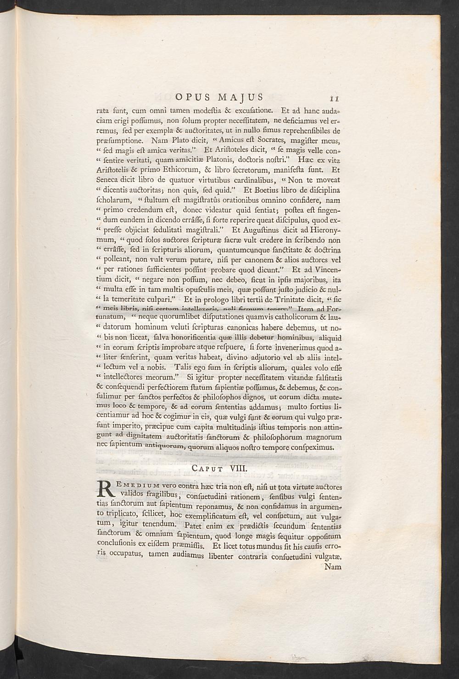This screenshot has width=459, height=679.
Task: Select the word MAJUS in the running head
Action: point(241,97)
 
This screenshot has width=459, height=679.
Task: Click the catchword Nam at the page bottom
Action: point(333,567)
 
